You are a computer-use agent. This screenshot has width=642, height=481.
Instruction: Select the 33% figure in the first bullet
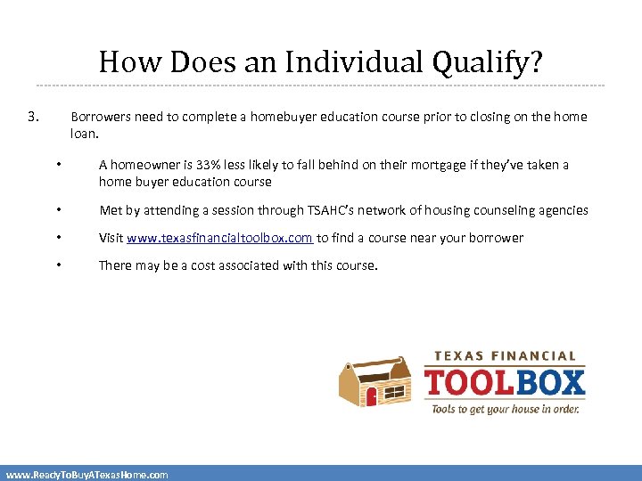coord(207,165)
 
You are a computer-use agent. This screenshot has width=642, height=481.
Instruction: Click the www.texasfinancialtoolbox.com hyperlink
coord(219,238)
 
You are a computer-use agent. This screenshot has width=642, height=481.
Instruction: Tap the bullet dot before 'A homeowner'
coord(56,164)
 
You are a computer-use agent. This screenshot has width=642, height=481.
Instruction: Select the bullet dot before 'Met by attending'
coord(56,210)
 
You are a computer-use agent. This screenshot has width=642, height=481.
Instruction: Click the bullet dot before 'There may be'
coord(56,265)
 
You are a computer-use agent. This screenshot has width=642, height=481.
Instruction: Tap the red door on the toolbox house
coord(372,395)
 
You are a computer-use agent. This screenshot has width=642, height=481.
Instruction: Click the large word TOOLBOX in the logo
coord(505,383)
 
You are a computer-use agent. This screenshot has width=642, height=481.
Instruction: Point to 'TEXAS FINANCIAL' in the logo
coord(506,355)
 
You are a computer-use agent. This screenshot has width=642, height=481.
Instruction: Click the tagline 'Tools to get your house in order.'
coord(506,409)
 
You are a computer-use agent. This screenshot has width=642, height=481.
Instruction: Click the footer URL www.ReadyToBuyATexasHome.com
coord(86,475)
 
